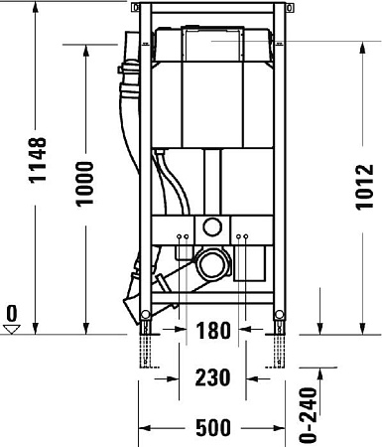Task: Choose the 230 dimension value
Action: pos(212,377)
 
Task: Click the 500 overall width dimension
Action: pos(212,428)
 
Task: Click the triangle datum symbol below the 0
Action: pos(12,331)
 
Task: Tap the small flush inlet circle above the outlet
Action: pos(210,225)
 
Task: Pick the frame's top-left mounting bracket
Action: pos(140,13)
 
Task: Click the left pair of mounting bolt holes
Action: pos(182,236)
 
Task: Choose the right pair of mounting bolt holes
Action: pos(241,236)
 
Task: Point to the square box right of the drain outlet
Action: pos(253,263)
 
